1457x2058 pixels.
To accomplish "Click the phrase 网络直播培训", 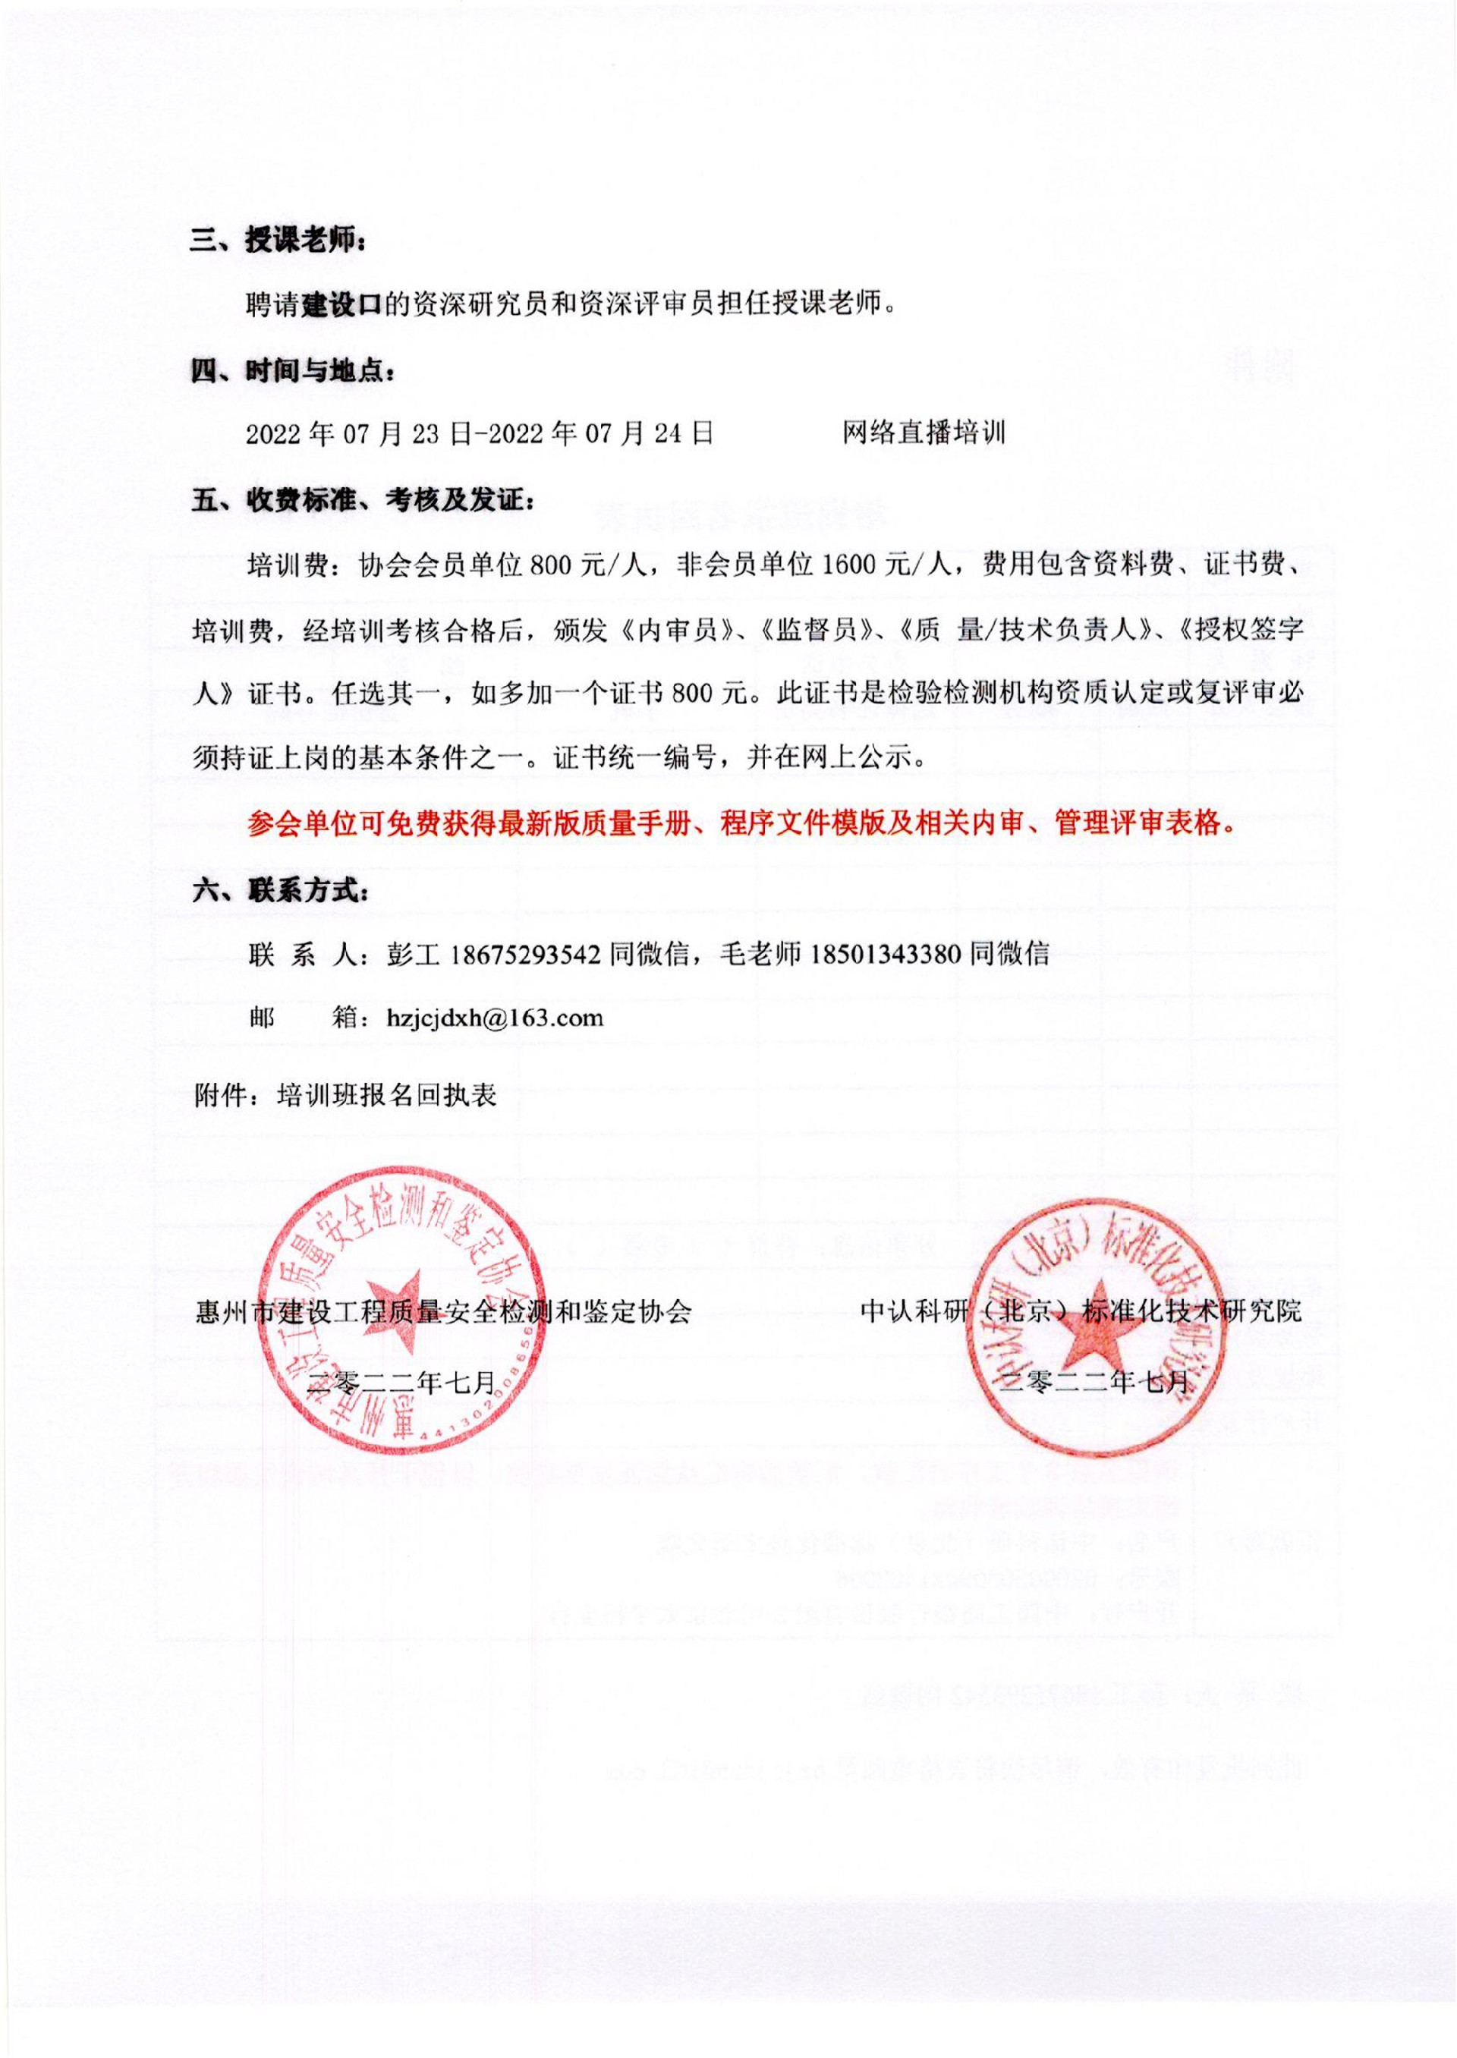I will tap(924, 434).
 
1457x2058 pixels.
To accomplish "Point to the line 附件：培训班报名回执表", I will tap(345, 1097).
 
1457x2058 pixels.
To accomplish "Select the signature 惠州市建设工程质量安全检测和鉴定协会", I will tap(443, 1314).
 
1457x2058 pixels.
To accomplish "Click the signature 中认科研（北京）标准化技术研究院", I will tap(1080, 1313).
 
